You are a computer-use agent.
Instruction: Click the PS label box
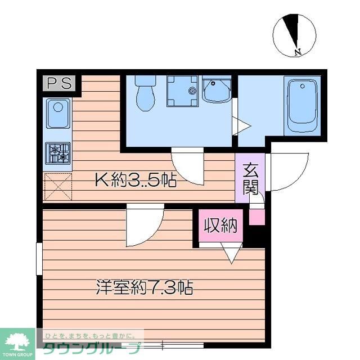pyautogui.click(x=59, y=84)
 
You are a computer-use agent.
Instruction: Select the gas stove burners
pyautogui.click(x=58, y=152)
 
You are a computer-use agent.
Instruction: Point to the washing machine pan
pyautogui.click(x=184, y=91)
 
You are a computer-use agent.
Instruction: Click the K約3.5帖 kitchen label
pyautogui.click(x=135, y=181)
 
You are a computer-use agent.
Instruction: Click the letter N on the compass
pyautogui.click(x=298, y=53)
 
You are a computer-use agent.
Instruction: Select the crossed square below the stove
pyautogui.click(x=58, y=186)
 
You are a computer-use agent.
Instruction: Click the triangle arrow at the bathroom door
pyautogui.click(x=241, y=125)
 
